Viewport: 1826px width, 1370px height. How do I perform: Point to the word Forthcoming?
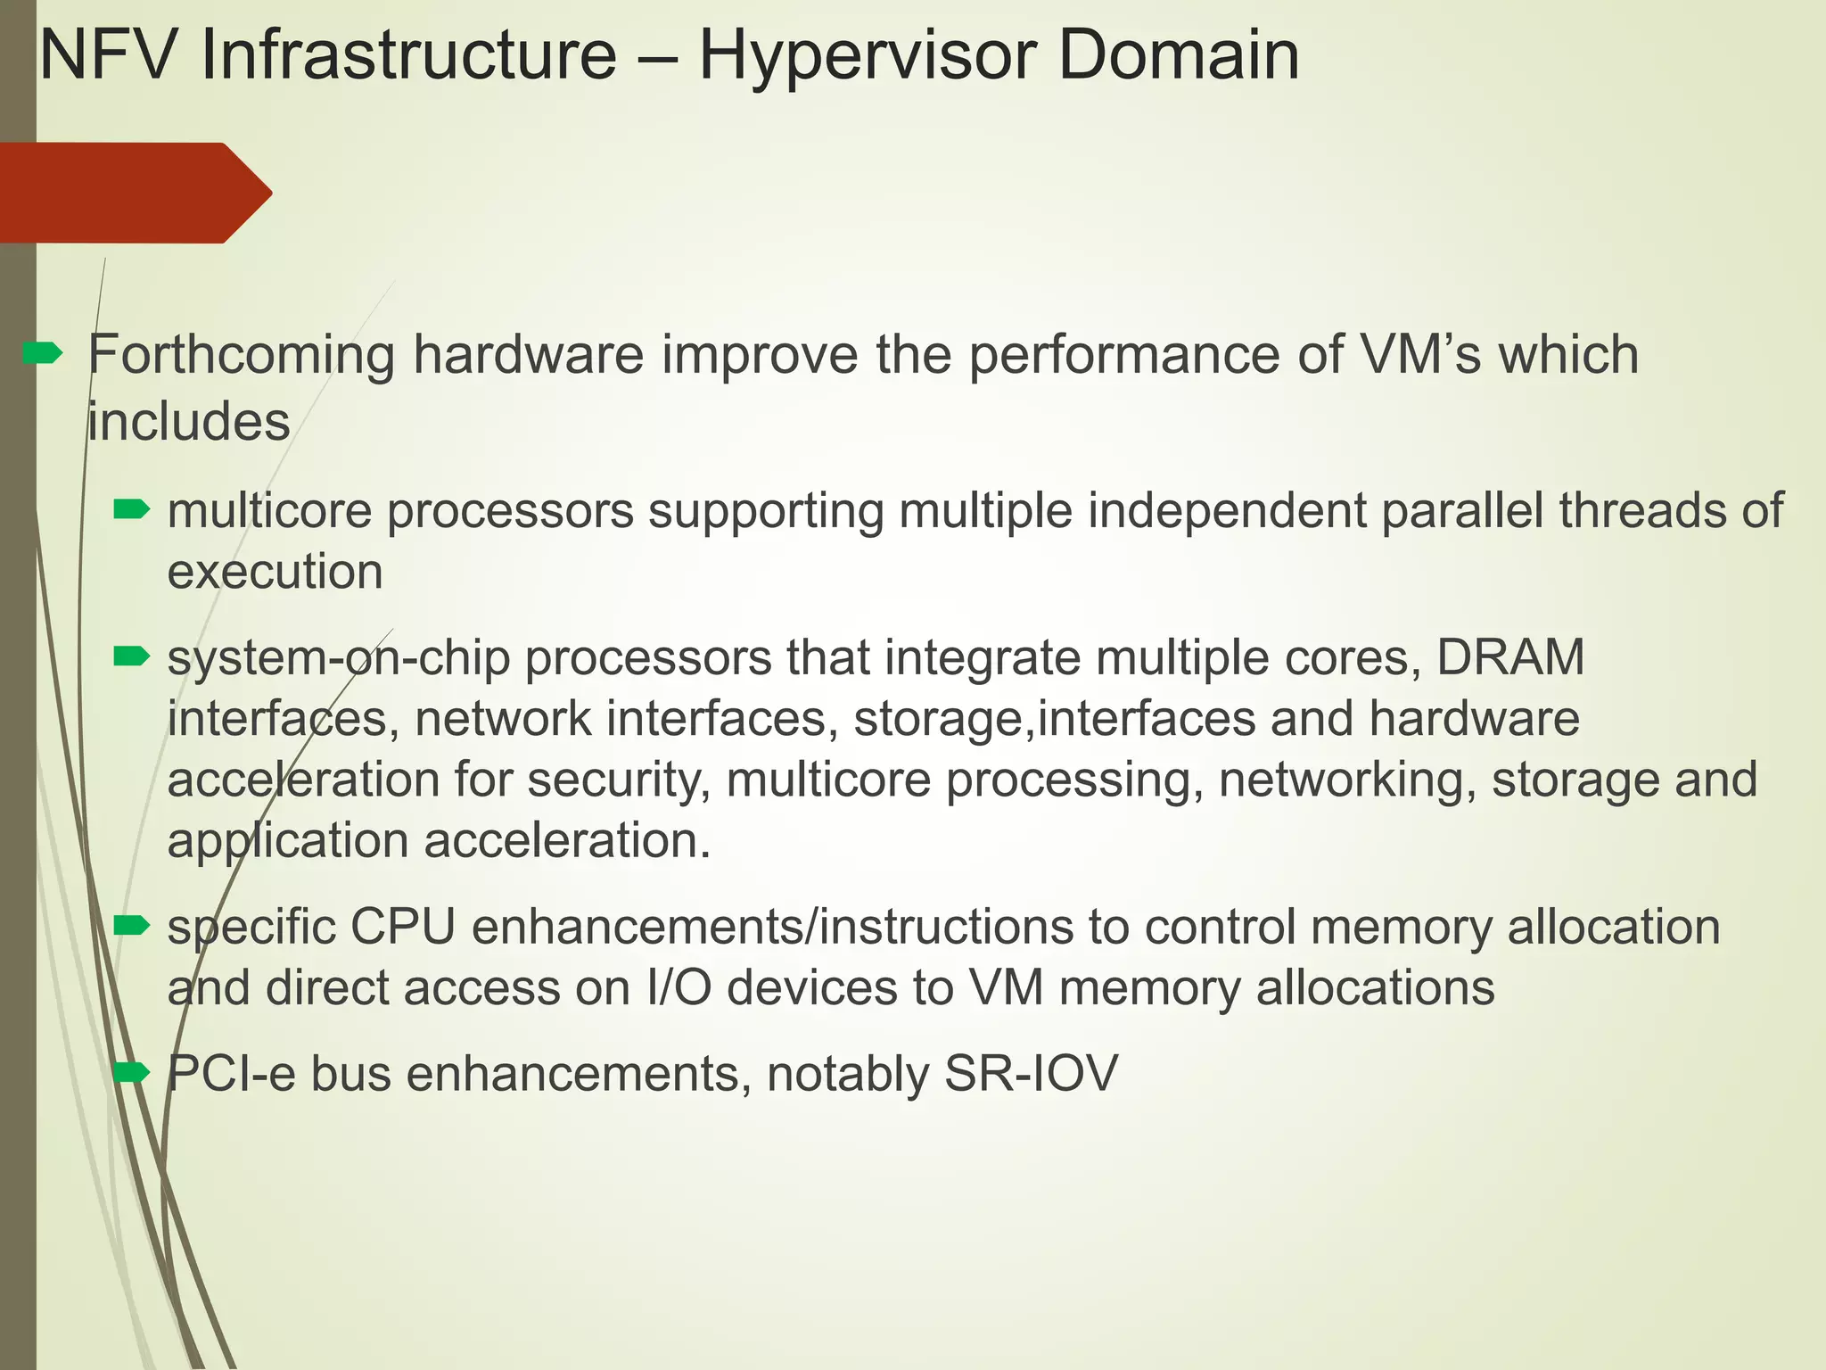click(x=241, y=355)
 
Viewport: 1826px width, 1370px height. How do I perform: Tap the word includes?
click(x=189, y=422)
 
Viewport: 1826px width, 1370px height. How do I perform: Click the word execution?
click(x=275, y=572)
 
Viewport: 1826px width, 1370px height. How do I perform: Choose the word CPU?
click(x=403, y=928)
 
